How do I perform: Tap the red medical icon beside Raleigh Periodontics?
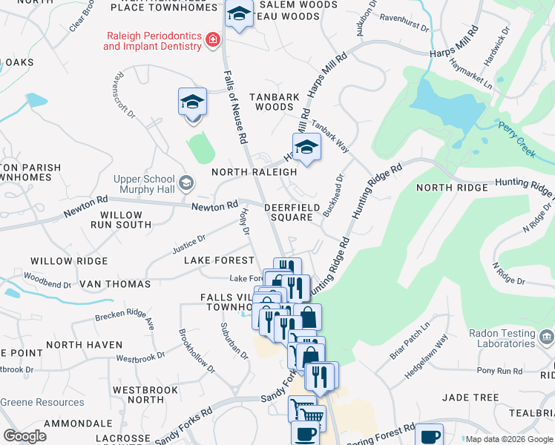click(213, 39)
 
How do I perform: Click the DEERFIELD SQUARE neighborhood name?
click(289, 212)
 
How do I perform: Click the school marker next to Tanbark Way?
click(306, 148)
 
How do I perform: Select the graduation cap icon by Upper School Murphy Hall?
click(186, 182)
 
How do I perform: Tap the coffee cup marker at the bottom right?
click(429, 435)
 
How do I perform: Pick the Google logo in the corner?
click(24, 435)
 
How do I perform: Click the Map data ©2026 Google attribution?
click(508, 439)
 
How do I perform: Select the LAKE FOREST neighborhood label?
click(219, 260)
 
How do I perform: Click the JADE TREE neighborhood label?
click(470, 398)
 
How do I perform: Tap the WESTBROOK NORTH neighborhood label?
click(145, 395)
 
